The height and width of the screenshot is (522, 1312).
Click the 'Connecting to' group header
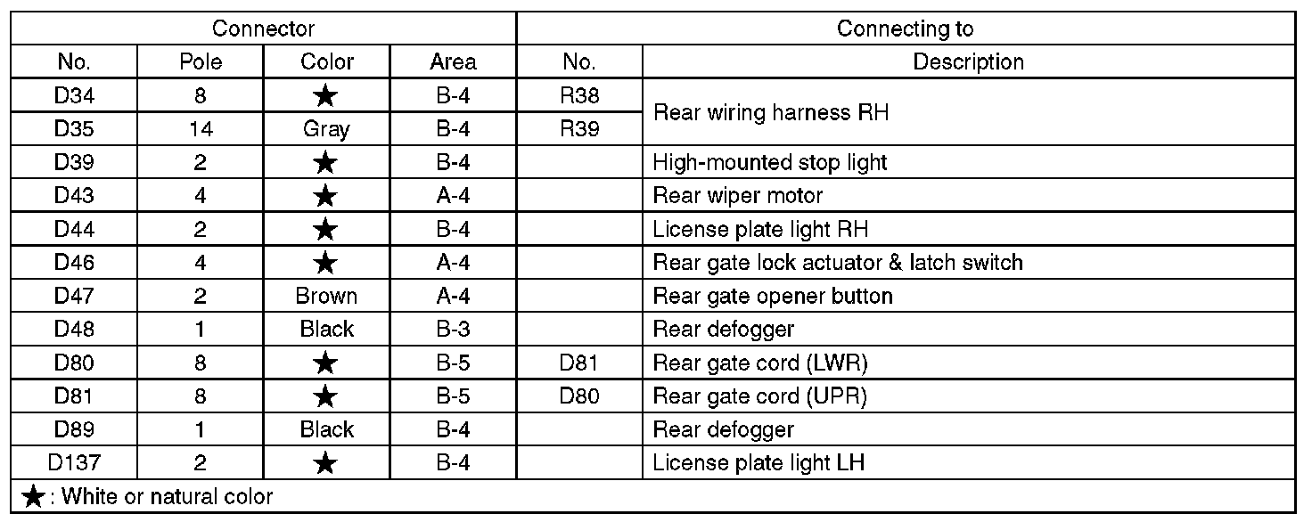coord(905,29)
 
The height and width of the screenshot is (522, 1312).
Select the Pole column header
coord(200,62)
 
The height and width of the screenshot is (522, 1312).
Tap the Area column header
coord(453,62)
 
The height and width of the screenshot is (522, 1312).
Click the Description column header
coord(968,62)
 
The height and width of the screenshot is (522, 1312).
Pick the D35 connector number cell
coord(74,128)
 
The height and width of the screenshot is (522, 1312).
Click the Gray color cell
coord(326,128)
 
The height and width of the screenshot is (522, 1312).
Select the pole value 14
coord(200,128)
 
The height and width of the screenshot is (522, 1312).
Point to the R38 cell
coord(579,95)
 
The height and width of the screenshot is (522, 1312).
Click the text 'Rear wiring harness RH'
coord(771,112)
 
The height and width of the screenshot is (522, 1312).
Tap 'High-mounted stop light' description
coord(770,162)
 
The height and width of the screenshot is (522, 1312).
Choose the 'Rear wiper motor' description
coord(737,195)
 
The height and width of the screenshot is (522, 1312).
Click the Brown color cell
coord(326,296)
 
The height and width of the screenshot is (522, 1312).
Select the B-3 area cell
coord(453,329)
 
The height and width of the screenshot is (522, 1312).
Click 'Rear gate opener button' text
coord(773,296)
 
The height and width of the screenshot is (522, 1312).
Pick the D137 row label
coord(74,462)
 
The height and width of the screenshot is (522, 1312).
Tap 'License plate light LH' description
coord(758,462)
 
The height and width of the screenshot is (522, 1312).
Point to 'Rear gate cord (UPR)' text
coord(760,396)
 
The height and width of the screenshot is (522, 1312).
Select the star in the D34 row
coord(326,95)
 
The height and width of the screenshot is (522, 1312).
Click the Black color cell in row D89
coord(326,429)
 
